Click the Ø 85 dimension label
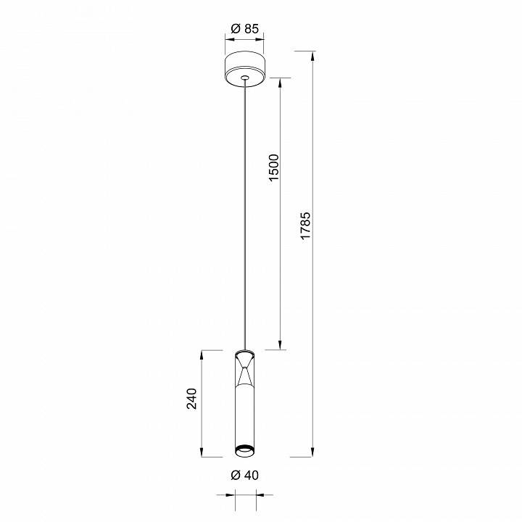tap(244, 30)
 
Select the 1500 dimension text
tap(273, 168)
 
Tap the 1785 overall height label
tap(306, 226)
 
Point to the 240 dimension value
tap(191, 400)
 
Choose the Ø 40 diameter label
tap(244, 476)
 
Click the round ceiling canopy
tap(245, 69)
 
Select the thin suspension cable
tap(245, 217)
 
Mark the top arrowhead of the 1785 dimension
tap(314, 55)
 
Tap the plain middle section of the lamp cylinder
tap(245, 413)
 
